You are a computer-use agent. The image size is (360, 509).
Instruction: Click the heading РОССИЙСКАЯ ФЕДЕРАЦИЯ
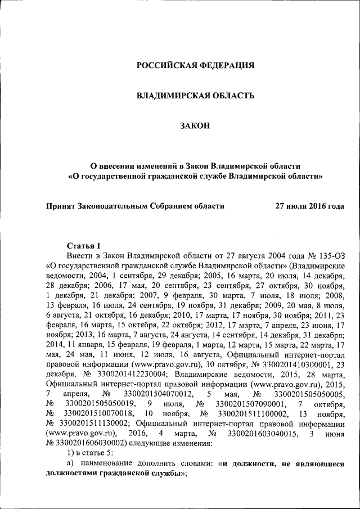click(196, 65)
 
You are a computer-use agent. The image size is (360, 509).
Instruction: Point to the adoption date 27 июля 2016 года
click(309, 206)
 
